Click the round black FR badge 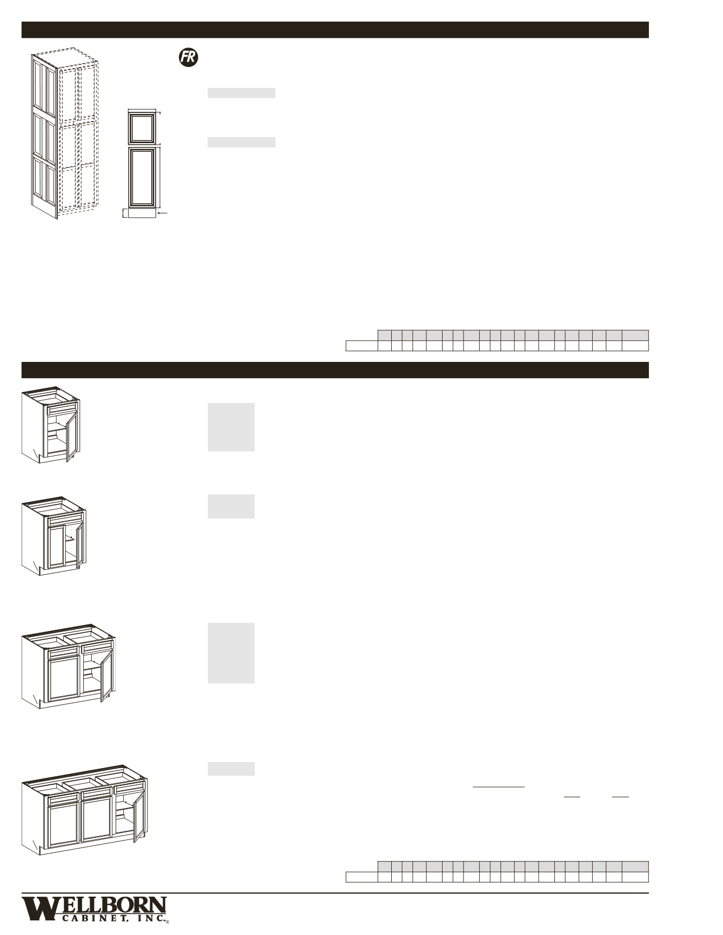click(188, 58)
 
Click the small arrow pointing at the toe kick click(163, 214)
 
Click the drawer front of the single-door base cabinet click(61, 410)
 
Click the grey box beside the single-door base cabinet click(231, 427)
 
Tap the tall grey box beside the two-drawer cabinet click(231, 653)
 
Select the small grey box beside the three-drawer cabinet click(231, 769)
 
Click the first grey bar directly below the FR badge click(242, 93)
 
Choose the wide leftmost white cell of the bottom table click(361, 877)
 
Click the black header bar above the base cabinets click(334, 370)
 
